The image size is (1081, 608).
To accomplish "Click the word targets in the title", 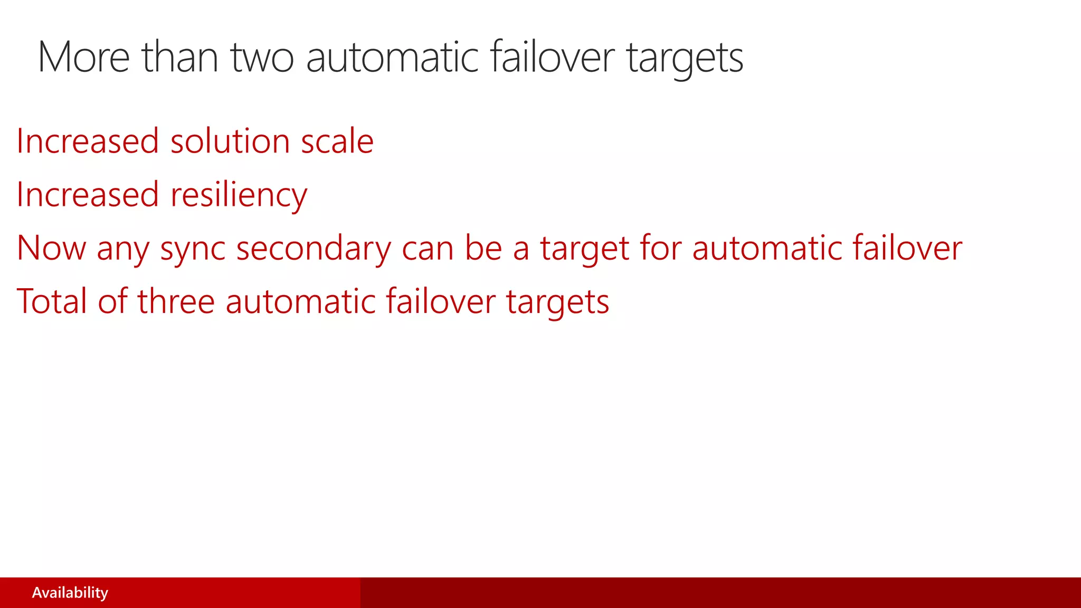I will tap(685, 58).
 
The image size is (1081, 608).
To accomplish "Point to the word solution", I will tap(230, 141).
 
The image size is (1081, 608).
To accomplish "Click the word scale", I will tap(337, 141).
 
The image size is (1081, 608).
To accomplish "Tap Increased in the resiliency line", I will tap(87, 194).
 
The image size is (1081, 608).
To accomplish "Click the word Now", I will tap(51, 248).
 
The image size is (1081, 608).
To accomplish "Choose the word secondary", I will tap(314, 249).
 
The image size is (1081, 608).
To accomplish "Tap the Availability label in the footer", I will tap(70, 593).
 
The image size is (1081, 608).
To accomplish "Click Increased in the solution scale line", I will tap(87, 141).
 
